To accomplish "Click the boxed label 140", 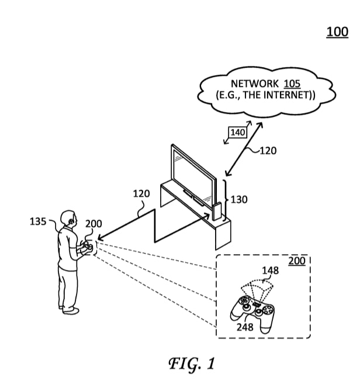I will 237,133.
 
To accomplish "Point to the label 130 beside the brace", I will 238,200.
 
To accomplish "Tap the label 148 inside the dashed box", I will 270,270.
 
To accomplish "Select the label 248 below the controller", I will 245,327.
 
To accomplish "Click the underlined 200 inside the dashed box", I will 297,261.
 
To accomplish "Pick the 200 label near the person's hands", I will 94,224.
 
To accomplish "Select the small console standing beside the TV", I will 217,212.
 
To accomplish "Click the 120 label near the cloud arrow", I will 268,150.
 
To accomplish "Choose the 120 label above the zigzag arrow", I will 141,193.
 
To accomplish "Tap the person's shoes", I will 69,309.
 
